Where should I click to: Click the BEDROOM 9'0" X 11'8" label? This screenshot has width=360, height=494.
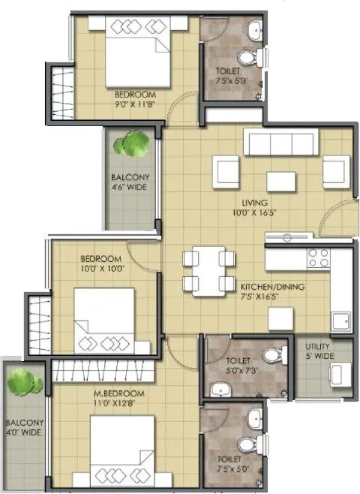[x=135, y=99]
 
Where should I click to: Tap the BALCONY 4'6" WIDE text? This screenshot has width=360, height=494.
[x=130, y=182]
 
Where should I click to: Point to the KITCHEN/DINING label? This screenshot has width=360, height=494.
[x=271, y=291]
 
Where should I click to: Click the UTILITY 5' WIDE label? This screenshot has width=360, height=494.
[x=318, y=351]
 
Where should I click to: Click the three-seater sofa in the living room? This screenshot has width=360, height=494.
[x=281, y=141]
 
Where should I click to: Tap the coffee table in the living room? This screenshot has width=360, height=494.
[x=280, y=182]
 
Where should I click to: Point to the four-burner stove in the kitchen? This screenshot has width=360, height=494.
[x=319, y=258]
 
